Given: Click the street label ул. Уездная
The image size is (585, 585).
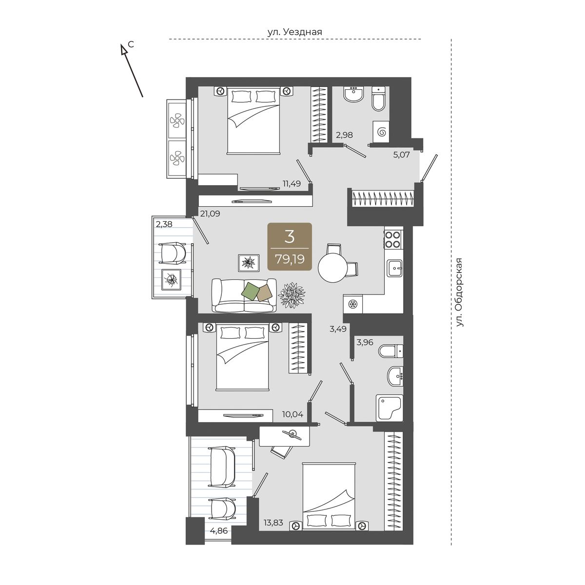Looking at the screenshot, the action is tap(294, 32).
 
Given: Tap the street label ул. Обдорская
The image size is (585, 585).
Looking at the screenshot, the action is tap(460, 292).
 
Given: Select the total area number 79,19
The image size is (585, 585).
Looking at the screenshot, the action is tap(290, 259).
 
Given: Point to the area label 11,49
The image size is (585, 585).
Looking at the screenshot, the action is tap(292, 183).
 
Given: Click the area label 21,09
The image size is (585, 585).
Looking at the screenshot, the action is tap(210, 214).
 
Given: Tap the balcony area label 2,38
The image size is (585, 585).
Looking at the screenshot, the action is tap(164, 224).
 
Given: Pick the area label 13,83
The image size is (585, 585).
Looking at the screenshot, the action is tap(273, 523).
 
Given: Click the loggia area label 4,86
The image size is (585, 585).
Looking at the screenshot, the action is tap(218, 531).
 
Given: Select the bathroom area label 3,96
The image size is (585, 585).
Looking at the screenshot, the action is tap(365, 342).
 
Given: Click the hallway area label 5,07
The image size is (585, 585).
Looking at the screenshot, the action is tap(401, 155).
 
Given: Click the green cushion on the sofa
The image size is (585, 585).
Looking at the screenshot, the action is tap(251, 292).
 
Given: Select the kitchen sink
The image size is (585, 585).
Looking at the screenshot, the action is tap(394, 268).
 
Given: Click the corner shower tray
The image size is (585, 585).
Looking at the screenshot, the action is tap(389, 408).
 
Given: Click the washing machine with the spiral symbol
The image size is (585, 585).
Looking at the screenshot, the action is tap(381, 132).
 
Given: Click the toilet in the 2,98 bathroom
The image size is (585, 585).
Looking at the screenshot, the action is tap(379, 98).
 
